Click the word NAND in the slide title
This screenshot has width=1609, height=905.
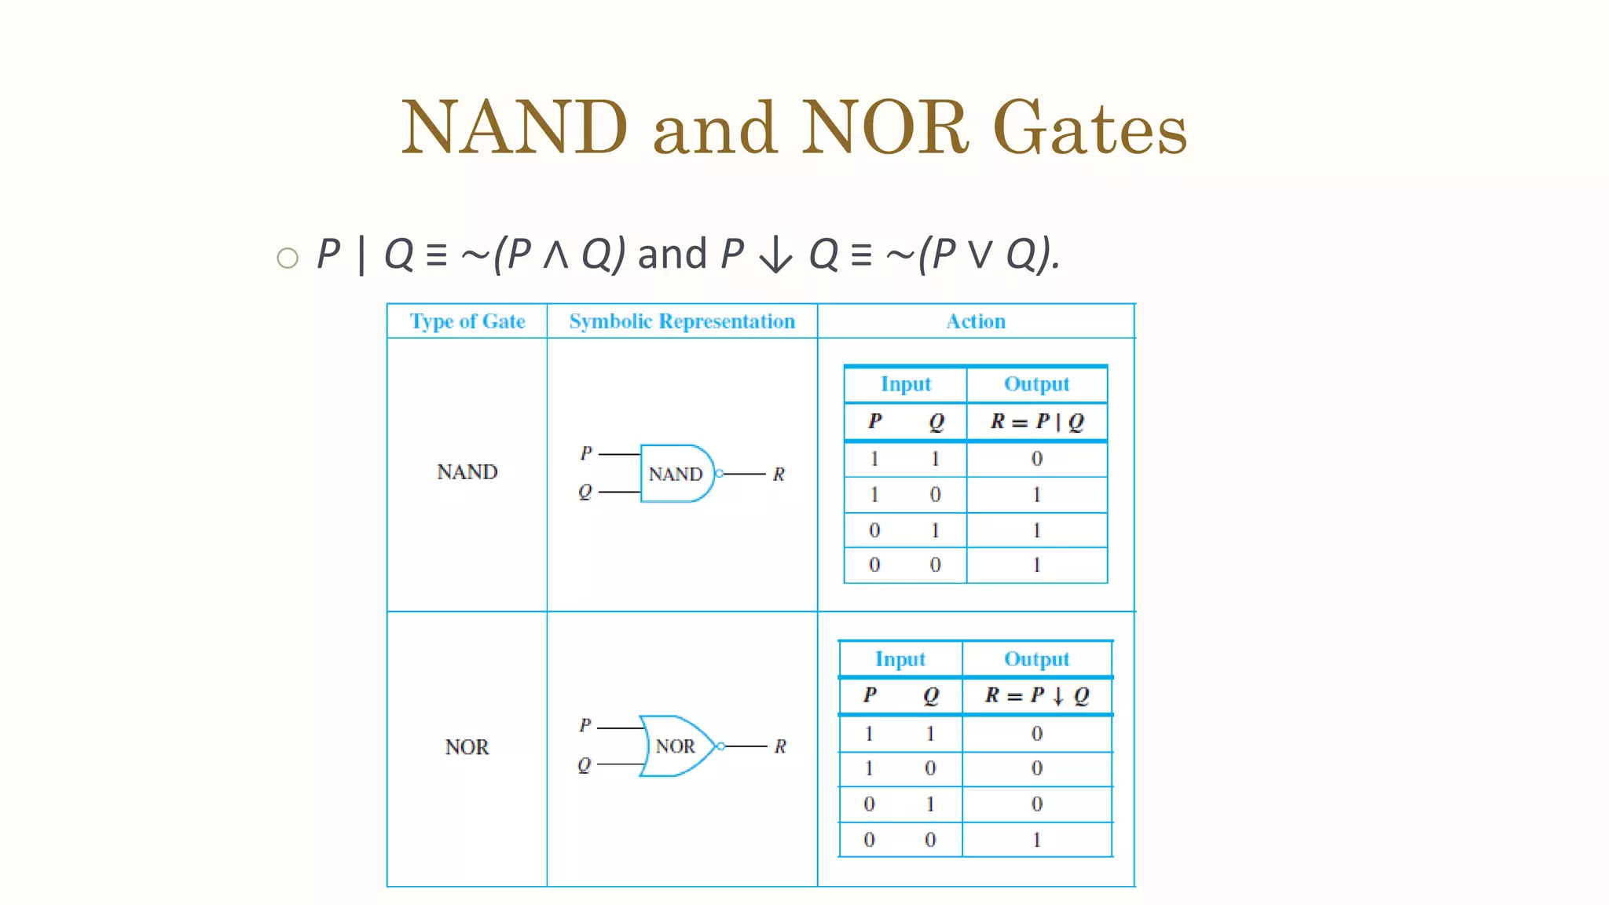tap(515, 128)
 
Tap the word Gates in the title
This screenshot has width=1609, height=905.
tap(1090, 128)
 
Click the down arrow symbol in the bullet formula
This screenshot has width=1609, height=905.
tap(776, 255)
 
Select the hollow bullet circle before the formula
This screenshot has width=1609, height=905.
tap(288, 258)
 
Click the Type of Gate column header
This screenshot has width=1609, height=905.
tap(467, 321)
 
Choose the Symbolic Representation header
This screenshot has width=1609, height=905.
tap(682, 321)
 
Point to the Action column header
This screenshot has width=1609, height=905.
tap(976, 321)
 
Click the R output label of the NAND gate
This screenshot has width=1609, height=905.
tap(779, 474)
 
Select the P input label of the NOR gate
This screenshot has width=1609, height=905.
tap(585, 725)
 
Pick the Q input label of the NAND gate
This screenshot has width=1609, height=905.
tap(585, 493)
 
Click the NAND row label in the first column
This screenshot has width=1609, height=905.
tap(467, 472)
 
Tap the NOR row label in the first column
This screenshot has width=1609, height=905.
tap(467, 747)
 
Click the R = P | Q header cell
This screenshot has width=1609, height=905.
tap(1037, 422)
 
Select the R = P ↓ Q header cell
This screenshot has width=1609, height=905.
tap(1037, 695)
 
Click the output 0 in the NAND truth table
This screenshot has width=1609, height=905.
tap(1037, 459)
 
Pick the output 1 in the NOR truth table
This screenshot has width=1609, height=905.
tap(1037, 840)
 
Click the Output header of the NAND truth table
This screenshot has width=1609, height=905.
tap(1037, 384)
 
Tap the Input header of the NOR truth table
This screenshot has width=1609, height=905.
tap(900, 659)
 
